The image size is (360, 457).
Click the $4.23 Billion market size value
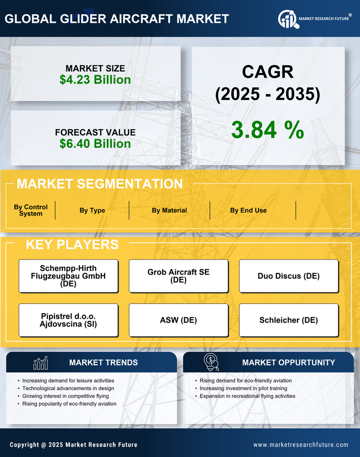point(95,80)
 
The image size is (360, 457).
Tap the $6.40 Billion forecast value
point(95,144)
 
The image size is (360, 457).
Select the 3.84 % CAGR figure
point(267,130)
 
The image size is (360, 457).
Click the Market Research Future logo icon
point(287,19)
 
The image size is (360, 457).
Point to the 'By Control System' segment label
point(31,210)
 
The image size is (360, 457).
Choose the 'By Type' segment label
point(92,210)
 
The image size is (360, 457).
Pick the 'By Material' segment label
point(169,210)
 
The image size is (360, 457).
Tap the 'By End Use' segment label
point(248,210)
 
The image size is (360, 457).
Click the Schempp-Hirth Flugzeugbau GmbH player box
point(68,276)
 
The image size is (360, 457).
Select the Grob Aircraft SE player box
point(178,276)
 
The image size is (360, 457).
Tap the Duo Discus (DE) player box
point(289,276)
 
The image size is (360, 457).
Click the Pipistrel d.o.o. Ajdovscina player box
point(68,320)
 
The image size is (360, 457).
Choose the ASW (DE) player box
point(178,320)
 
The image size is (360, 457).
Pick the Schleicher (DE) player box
point(289,320)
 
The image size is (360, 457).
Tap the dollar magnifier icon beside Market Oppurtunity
point(211,362)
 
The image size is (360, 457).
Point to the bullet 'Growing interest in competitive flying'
point(65,396)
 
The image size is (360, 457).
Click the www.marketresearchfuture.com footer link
point(301,445)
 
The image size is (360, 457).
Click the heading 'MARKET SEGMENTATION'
point(100,184)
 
